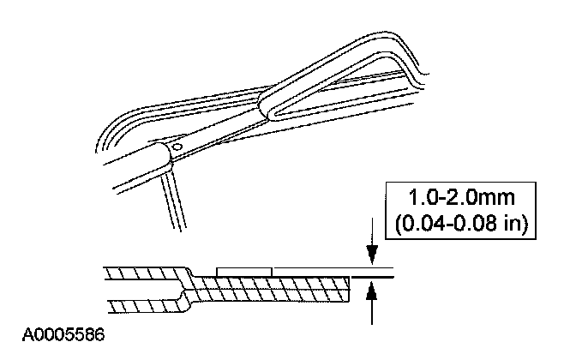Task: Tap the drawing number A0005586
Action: point(53,329)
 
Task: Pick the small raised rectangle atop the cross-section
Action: point(244,270)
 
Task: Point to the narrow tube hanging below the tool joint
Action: point(174,199)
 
